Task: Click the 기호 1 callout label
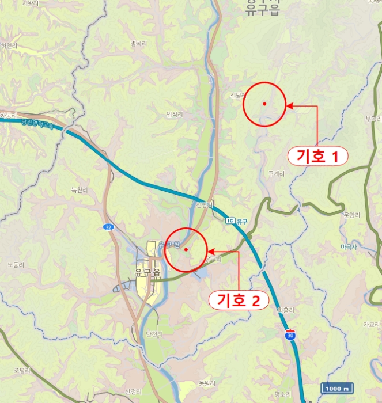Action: (x=317, y=155)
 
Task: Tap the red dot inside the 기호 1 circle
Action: (x=264, y=104)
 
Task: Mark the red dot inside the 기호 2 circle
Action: (x=186, y=249)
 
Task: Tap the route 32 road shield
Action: (x=108, y=227)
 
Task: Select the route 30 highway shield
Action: (x=290, y=334)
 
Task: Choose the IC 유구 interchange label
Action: (x=236, y=221)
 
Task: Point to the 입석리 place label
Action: (x=173, y=115)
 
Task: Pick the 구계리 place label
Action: (x=277, y=173)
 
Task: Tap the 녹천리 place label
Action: (x=80, y=189)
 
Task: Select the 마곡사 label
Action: (x=349, y=246)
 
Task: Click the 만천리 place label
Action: (x=155, y=333)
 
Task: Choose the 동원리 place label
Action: (x=206, y=382)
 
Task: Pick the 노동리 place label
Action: (x=16, y=265)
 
